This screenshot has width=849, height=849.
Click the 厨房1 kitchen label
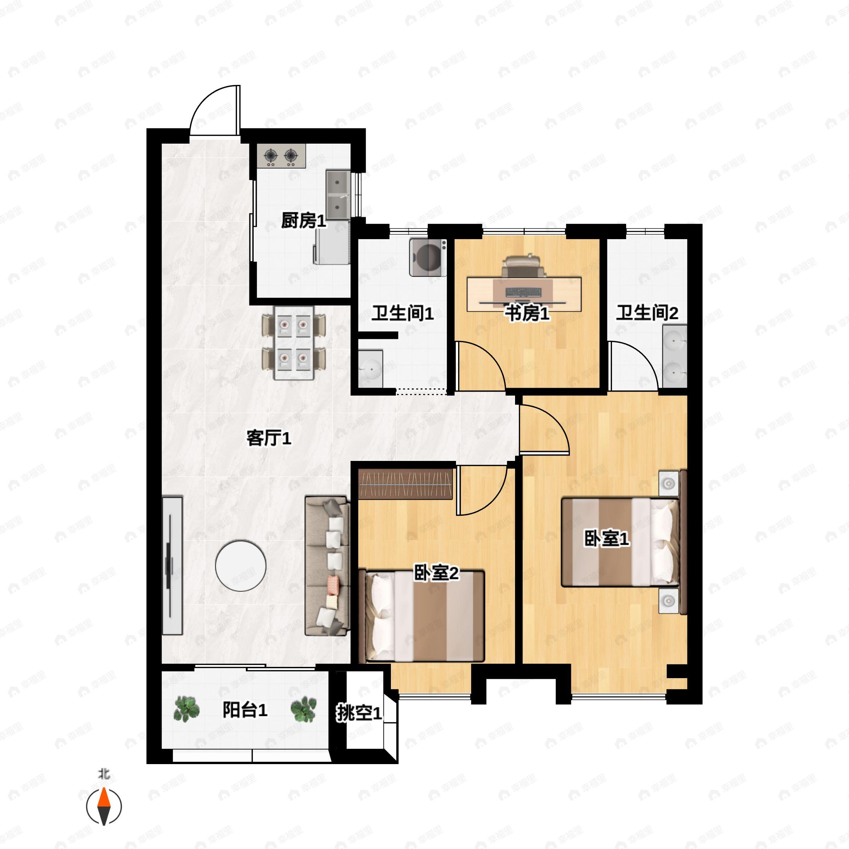coord(304,221)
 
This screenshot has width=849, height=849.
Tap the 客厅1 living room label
coord(268,438)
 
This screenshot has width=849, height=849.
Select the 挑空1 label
coord(359,713)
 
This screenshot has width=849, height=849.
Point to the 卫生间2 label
coord(647,313)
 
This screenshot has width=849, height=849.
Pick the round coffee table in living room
coord(241,566)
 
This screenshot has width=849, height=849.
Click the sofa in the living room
coord(327,566)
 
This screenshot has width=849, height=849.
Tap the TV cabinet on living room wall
coord(172,566)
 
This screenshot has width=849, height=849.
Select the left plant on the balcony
coord(187,709)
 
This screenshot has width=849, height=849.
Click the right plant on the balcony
coord(304,709)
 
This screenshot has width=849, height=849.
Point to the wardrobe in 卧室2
coord(405,484)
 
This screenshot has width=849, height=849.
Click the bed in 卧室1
coord(620,542)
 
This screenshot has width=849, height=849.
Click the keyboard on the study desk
coord(524,292)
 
